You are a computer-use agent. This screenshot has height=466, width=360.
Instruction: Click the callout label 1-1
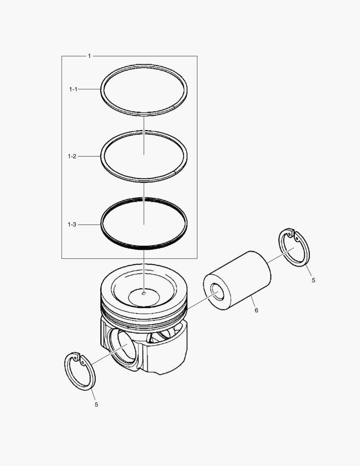click(x=72, y=89)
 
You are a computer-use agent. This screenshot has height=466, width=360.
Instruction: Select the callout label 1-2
click(x=72, y=156)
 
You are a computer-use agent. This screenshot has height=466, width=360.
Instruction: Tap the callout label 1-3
click(x=72, y=225)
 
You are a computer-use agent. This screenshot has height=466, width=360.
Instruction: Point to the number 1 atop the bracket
click(x=89, y=56)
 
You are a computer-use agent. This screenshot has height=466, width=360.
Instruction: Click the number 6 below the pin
click(x=256, y=310)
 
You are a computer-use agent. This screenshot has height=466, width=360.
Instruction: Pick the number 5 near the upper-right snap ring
click(x=313, y=280)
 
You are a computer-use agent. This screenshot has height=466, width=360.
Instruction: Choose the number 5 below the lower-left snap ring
click(x=96, y=405)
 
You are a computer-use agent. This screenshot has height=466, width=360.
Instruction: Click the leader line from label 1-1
click(x=89, y=89)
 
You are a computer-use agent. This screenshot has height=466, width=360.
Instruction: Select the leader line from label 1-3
click(x=89, y=225)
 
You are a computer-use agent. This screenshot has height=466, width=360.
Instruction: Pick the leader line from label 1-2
click(x=89, y=156)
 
